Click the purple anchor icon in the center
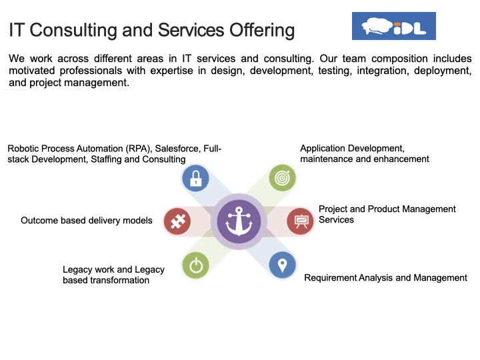coord(239,221)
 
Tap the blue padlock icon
coord(195,178)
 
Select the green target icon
coord(282,178)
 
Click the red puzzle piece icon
coord(177,221)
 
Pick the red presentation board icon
coord(300,221)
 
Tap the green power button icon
coord(195,265)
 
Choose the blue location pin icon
coord(282,265)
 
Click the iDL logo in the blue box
coord(394,26)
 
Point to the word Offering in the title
coord(262,31)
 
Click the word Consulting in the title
coord(73,31)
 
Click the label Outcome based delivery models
coord(87,221)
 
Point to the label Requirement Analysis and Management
coord(386,277)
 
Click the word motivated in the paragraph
coord(31,71)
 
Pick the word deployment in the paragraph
coord(443,71)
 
